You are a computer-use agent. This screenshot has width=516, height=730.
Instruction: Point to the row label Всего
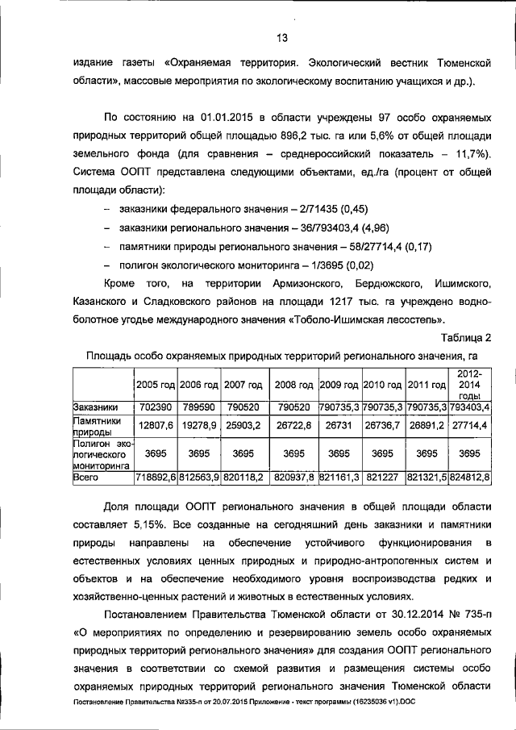[85, 478]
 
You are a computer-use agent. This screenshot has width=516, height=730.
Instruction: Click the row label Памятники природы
[97, 426]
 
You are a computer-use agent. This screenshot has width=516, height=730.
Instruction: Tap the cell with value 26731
[339, 426]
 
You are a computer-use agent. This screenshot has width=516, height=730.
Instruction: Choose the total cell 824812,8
[469, 478]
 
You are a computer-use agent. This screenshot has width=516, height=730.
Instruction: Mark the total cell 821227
[383, 478]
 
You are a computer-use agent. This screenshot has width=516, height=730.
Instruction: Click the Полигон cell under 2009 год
[339, 453]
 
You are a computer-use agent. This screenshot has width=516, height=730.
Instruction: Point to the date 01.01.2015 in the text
[218, 115]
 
